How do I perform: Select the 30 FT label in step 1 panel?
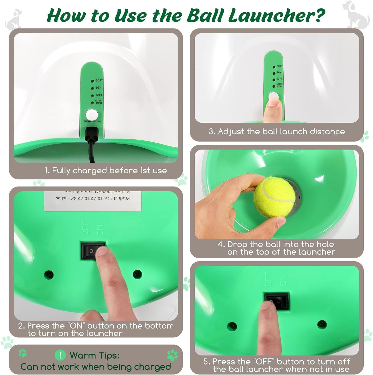(x=99, y=80)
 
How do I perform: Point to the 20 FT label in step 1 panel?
(x=99, y=88)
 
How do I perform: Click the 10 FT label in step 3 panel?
(x=280, y=79)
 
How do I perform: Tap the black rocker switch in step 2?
(x=93, y=250)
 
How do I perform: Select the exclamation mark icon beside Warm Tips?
(x=60, y=355)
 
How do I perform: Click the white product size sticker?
(x=93, y=201)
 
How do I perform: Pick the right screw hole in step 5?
(x=322, y=325)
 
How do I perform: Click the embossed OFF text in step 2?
(x=85, y=228)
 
